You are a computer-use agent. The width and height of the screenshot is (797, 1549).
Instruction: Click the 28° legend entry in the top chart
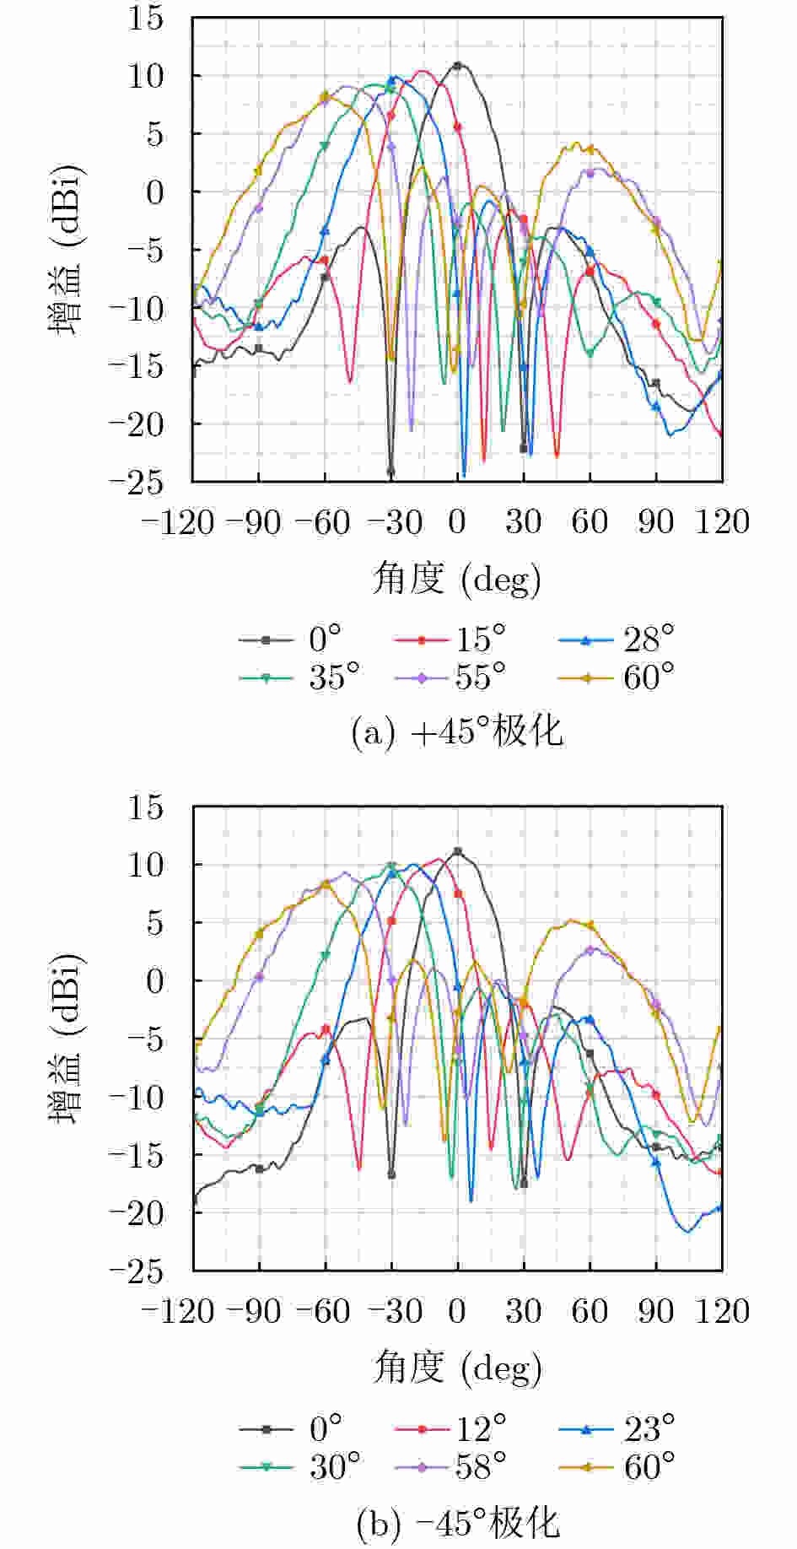point(617,640)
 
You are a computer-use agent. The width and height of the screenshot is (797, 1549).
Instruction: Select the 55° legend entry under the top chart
point(450,677)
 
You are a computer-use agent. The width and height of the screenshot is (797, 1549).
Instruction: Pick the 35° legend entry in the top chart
point(299,677)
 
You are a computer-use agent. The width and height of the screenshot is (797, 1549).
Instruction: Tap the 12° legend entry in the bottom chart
point(450,1428)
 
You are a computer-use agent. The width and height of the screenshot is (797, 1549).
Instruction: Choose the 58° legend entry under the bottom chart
point(450,1467)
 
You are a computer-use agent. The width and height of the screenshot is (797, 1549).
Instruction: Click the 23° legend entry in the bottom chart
point(617,1428)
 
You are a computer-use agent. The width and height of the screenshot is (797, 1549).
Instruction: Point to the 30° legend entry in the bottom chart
point(299,1467)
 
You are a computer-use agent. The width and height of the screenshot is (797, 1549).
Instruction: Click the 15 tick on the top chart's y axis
point(146,18)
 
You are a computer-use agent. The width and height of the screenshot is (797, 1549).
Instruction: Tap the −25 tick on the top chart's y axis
point(137,482)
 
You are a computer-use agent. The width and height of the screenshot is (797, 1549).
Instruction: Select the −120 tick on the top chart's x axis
point(178,522)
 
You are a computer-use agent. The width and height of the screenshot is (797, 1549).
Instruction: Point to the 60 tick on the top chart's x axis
point(590,522)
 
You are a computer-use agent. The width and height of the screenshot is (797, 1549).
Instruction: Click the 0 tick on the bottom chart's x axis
point(457,1311)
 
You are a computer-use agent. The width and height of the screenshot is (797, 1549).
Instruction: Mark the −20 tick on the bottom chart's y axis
point(137,1213)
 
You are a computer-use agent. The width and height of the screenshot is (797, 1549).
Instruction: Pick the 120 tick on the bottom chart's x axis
point(723,1311)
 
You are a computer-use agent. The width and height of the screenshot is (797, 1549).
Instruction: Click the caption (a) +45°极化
point(457,731)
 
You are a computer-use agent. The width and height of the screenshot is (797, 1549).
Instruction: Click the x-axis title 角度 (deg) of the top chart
point(457,579)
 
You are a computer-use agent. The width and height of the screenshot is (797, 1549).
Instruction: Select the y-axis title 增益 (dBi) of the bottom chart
point(67,1039)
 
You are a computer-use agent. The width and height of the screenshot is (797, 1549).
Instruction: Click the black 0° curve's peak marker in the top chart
point(457,65)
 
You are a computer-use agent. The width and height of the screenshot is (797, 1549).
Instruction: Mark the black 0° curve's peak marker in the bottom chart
point(457,852)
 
